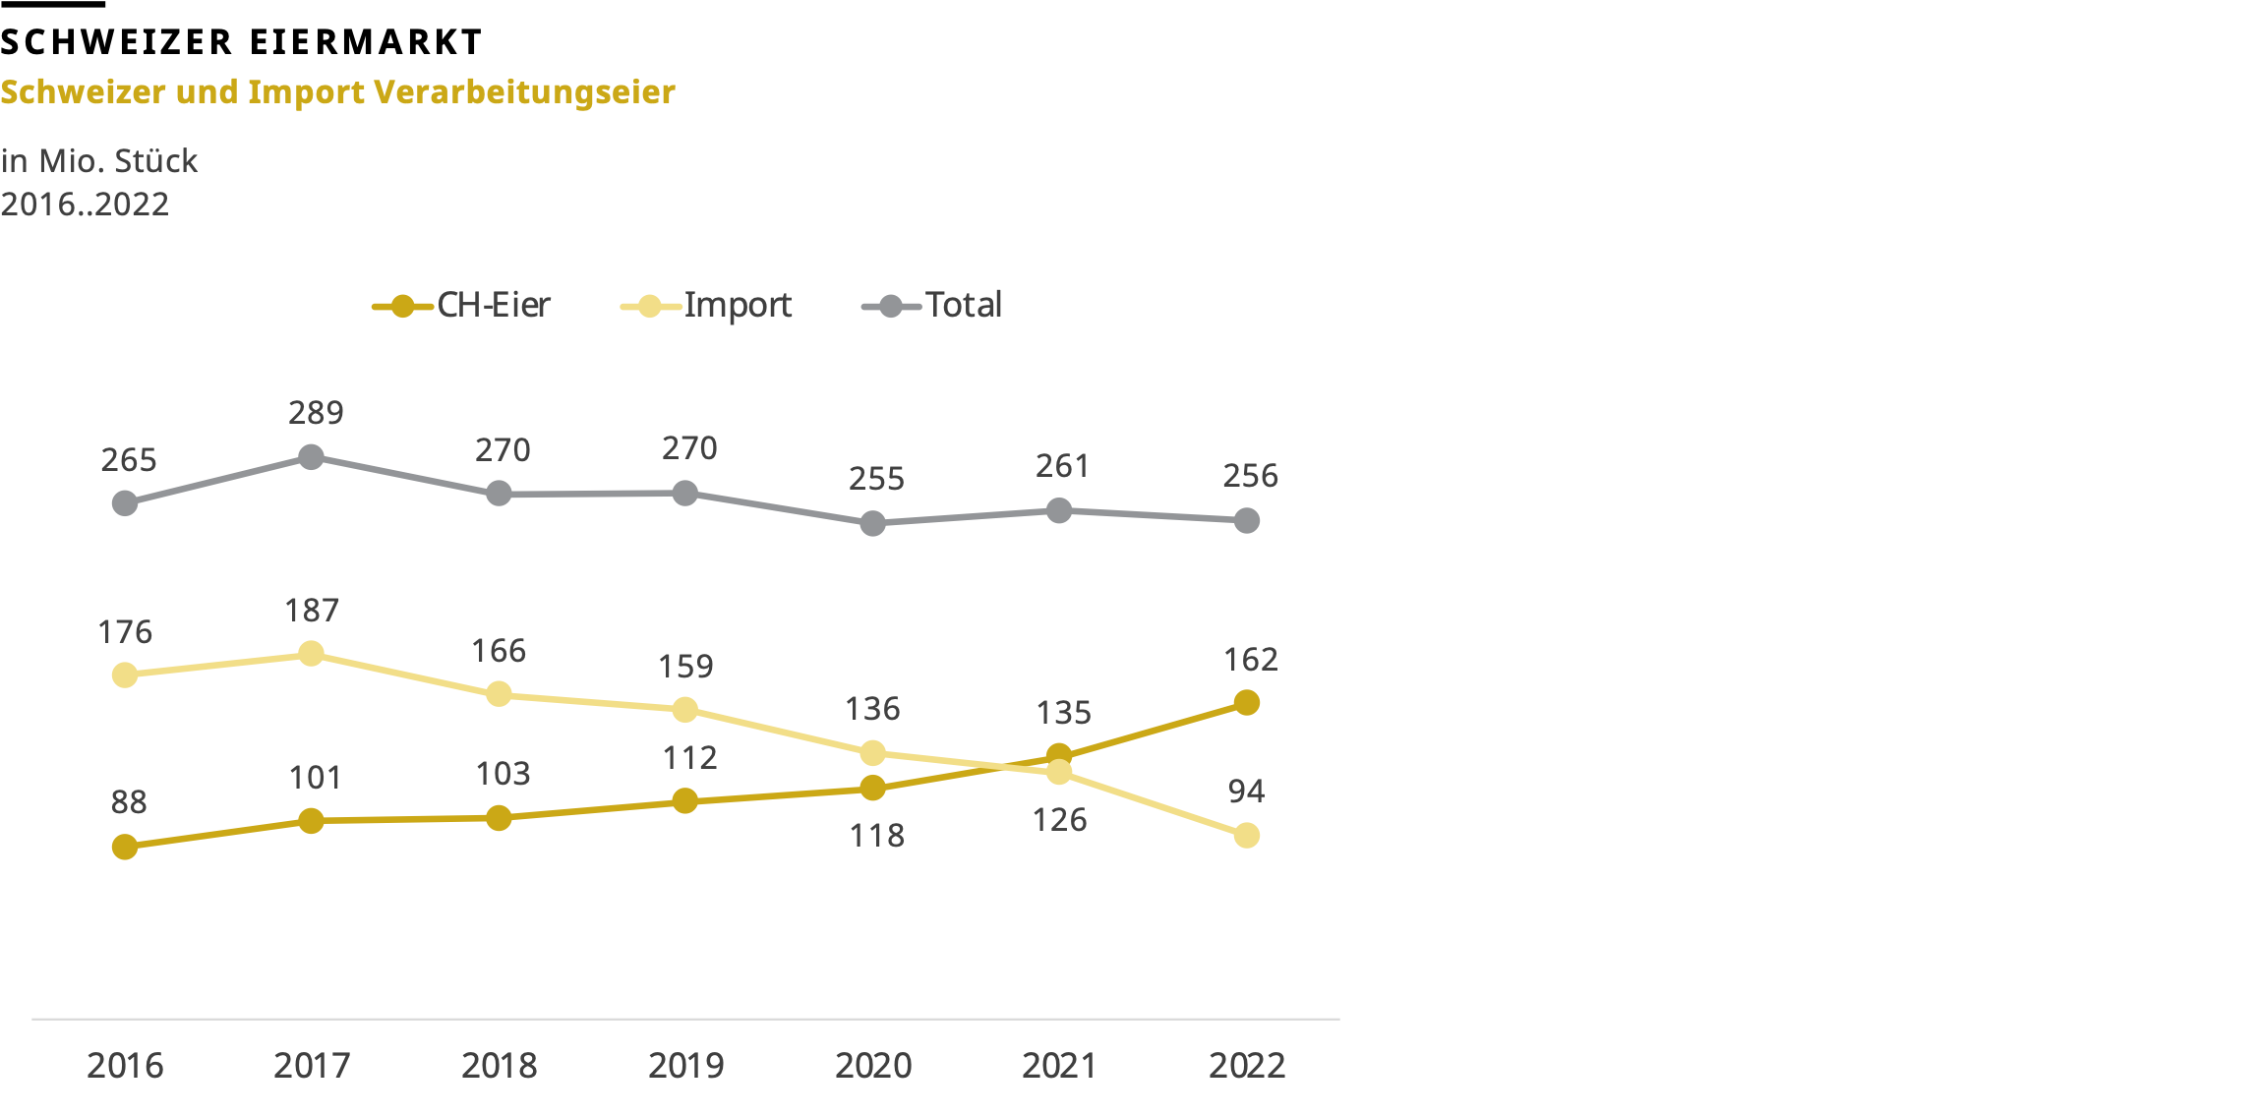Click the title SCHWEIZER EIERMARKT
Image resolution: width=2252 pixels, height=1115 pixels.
click(241, 42)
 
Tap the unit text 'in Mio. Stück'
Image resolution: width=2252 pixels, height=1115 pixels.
click(99, 160)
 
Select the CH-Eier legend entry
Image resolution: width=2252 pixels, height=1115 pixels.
click(461, 306)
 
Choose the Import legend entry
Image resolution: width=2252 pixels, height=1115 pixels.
click(706, 306)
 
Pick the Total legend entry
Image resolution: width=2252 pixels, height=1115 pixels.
click(932, 306)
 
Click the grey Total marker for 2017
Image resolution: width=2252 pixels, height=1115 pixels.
click(311, 457)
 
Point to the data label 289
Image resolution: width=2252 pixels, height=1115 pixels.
click(316, 413)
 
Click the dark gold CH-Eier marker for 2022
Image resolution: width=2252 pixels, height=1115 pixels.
click(1246, 703)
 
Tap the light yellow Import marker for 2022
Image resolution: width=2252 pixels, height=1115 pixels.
click(1246, 836)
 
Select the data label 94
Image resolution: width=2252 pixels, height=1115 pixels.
click(1246, 792)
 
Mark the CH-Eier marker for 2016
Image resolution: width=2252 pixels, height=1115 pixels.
click(125, 847)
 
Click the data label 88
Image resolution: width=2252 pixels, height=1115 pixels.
click(129, 802)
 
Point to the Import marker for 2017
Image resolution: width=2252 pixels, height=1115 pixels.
click(311, 654)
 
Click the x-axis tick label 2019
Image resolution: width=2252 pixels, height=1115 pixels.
click(685, 1066)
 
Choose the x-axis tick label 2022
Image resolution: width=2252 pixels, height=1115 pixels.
click(1246, 1066)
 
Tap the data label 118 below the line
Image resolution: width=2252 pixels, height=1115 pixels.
click(876, 836)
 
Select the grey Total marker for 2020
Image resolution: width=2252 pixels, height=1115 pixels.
click(872, 524)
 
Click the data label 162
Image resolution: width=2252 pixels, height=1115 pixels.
click(1250, 660)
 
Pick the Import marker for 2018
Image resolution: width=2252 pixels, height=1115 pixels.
click(499, 694)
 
